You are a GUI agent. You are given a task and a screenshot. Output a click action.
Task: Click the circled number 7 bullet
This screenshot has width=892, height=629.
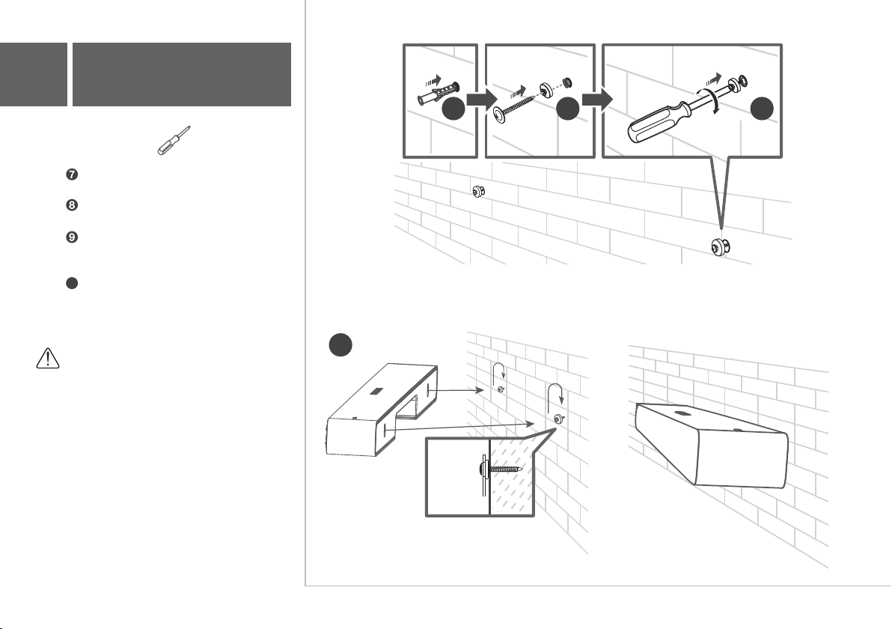(x=72, y=174)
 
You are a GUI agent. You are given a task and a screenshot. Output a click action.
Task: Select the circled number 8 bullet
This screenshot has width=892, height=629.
(x=72, y=205)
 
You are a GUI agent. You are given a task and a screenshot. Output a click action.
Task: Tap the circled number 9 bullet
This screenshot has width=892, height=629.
(x=72, y=237)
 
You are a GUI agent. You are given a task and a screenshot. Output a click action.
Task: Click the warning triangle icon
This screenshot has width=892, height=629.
(x=48, y=359)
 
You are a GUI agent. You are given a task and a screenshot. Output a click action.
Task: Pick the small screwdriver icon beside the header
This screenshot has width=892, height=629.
(x=174, y=141)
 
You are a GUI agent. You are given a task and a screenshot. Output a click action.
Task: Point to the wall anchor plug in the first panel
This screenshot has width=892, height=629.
(x=438, y=94)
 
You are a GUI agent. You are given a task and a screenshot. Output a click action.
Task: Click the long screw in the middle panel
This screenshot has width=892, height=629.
(x=515, y=108)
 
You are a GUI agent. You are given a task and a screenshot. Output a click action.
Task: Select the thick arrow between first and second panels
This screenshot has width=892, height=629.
(x=481, y=100)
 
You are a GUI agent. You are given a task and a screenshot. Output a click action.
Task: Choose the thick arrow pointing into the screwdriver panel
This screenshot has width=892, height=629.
(x=597, y=100)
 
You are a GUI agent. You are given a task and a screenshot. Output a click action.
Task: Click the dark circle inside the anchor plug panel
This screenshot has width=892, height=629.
(x=453, y=109)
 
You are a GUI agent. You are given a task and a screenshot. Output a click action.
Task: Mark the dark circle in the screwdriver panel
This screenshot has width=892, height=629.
(x=762, y=109)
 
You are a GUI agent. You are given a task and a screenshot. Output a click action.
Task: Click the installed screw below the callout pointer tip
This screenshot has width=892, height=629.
(x=720, y=248)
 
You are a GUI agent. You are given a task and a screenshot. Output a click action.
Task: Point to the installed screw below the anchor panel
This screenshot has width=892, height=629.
(x=478, y=192)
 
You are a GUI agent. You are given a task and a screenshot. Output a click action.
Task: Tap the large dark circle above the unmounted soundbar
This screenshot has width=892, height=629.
(x=340, y=345)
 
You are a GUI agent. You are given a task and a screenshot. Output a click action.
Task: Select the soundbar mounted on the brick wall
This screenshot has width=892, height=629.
(x=712, y=445)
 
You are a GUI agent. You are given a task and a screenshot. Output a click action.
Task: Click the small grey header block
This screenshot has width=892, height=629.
(x=34, y=74)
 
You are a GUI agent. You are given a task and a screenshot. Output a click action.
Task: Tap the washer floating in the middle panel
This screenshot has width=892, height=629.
(x=547, y=89)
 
